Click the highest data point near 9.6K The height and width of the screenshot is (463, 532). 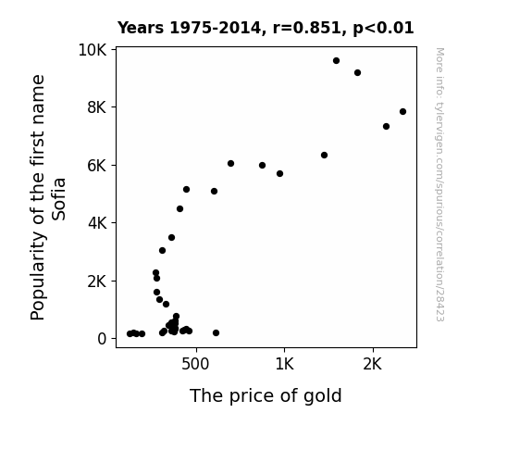336,61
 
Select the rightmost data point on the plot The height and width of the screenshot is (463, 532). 402,112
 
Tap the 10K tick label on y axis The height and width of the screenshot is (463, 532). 92,50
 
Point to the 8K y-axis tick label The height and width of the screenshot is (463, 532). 97,107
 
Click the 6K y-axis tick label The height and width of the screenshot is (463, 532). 97,166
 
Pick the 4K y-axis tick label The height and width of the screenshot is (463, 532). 97,223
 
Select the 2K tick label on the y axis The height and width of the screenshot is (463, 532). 97,282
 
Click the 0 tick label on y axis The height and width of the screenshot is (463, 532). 102,339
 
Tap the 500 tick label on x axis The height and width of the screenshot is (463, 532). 195,365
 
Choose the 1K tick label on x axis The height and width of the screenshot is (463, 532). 284,365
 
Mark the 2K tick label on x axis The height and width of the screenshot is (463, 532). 373,365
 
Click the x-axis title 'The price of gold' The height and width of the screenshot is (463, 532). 266,395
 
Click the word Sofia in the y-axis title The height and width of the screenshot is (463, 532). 58,199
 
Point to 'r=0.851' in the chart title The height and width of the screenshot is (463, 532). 307,28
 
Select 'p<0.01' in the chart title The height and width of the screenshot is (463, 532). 383,28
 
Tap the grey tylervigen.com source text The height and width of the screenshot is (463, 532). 439,184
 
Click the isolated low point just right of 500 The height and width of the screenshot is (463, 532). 216,333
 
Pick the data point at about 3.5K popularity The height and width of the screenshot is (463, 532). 172,237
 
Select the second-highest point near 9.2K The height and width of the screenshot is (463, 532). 357,73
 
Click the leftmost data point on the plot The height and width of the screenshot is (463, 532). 130,334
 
